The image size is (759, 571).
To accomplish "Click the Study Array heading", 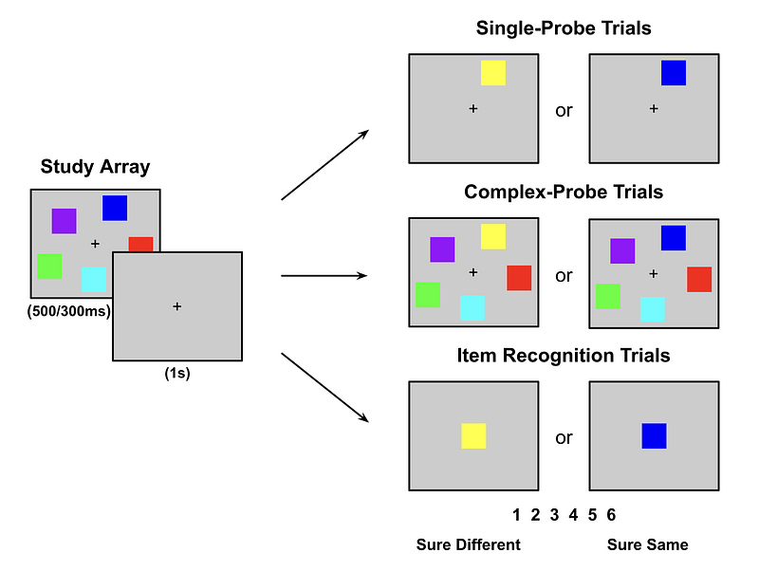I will point(95,168).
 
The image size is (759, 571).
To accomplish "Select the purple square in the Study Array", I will point(64,221).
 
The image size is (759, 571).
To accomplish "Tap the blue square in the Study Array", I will point(115,208).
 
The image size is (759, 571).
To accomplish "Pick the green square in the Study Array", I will point(49,267).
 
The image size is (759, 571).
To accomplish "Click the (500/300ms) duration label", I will point(69,310).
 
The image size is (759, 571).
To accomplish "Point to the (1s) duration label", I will point(177,373).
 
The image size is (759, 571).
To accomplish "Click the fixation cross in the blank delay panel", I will point(177,306).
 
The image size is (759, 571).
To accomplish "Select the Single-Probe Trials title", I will point(564,28).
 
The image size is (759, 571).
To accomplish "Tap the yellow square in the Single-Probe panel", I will point(492,73).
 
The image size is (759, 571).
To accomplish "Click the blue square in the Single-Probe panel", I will point(673,73).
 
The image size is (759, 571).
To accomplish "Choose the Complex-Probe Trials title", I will point(564,193).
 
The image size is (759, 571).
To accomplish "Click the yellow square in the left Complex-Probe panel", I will point(492,236).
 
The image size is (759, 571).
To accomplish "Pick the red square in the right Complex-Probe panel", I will point(699,279).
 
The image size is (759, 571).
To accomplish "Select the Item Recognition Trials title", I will point(564,357).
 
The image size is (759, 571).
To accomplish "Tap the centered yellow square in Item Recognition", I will point(473,436).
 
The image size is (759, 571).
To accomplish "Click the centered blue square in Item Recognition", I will point(654,436).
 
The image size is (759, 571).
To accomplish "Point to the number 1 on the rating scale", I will point(516,515).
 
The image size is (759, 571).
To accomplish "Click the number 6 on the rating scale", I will point(611,515).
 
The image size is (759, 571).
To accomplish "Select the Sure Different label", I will point(469,544).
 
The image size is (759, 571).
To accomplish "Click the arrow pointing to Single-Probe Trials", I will point(325,165).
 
